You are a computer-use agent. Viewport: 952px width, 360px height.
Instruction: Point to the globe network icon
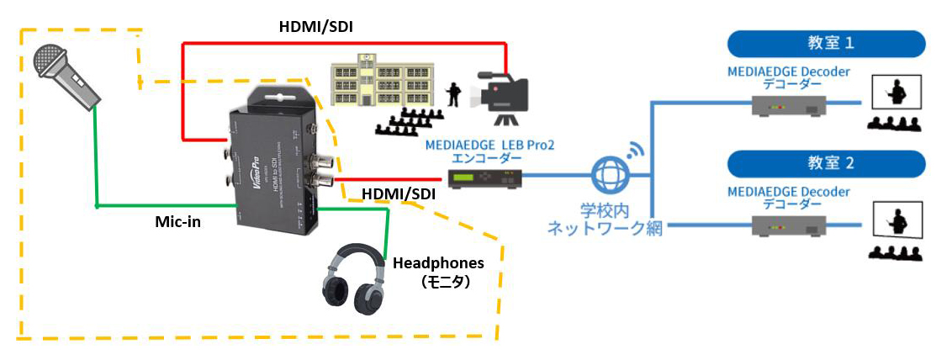[x=609, y=177]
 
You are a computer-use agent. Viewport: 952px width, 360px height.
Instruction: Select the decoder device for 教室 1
[x=787, y=104]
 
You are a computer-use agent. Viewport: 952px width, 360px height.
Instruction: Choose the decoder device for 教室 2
[x=787, y=225]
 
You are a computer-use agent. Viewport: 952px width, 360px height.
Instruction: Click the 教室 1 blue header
[x=826, y=43]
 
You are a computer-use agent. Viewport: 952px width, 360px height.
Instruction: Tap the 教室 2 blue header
[x=826, y=163]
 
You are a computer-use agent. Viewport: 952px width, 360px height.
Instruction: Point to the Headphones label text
[x=438, y=262]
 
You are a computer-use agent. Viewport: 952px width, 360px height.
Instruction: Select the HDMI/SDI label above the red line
[x=315, y=27]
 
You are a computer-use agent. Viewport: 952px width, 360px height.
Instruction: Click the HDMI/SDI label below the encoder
[x=399, y=194]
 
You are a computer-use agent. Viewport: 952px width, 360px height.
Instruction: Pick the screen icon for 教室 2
[x=899, y=220]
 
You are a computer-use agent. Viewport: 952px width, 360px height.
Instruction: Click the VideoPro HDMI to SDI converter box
[x=272, y=163]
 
